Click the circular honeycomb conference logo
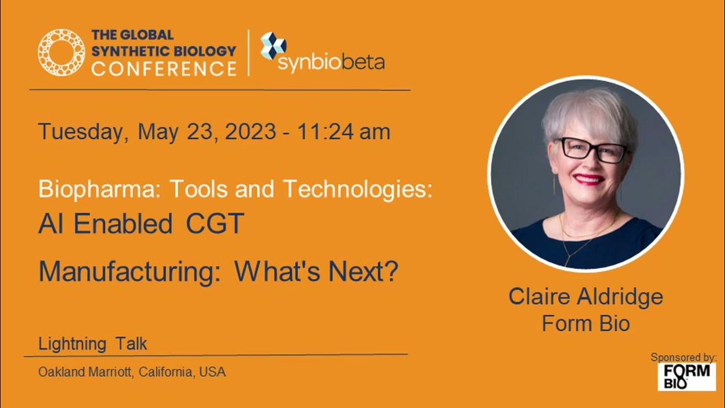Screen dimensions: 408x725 click(x=60, y=53)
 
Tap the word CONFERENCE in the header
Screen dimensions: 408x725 click(x=164, y=68)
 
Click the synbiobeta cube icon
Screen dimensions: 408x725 click(x=272, y=46)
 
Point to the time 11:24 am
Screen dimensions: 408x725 click(x=343, y=131)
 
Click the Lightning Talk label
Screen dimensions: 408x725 click(x=92, y=345)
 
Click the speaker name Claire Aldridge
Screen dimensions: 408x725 click(x=585, y=297)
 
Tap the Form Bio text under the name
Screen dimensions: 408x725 click(x=585, y=323)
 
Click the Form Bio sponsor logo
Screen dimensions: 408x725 click(x=686, y=377)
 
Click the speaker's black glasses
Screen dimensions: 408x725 click(x=592, y=149)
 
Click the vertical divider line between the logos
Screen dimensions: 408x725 click(x=248, y=53)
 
